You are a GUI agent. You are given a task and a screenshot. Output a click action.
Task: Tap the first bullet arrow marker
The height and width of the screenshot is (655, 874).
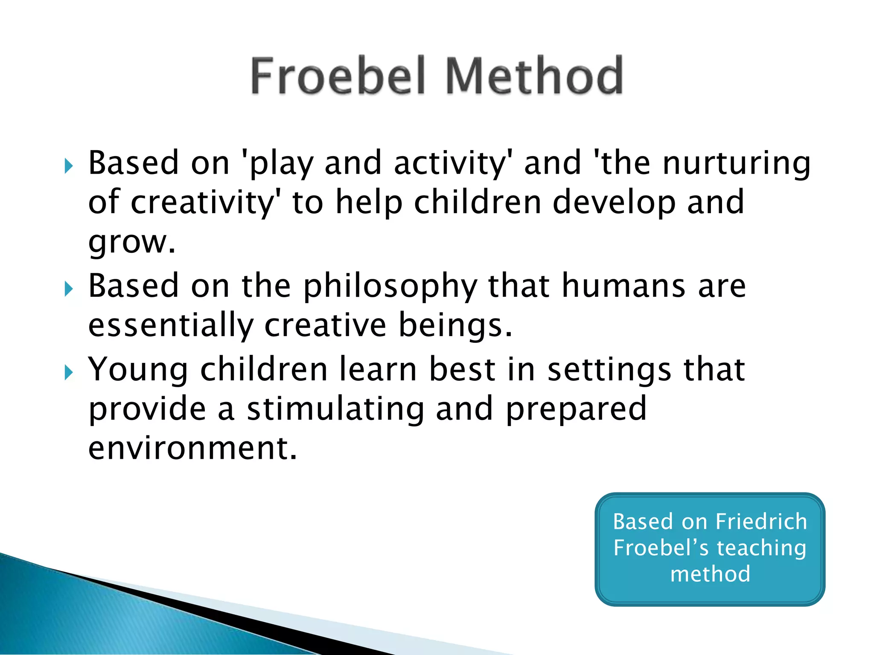(x=69, y=166)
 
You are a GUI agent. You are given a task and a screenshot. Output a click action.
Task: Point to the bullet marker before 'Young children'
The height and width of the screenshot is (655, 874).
(x=69, y=372)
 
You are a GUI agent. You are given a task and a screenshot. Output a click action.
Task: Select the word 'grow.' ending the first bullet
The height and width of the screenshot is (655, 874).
(x=132, y=243)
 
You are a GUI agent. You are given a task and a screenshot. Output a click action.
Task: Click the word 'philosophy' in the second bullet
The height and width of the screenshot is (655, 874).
(x=390, y=287)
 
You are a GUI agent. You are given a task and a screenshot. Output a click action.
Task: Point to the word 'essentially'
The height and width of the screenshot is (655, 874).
(x=171, y=325)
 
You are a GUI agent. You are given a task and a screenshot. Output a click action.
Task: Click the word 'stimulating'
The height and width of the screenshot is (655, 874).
(x=335, y=409)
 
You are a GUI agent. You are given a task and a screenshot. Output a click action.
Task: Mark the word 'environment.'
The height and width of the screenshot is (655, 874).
(x=192, y=448)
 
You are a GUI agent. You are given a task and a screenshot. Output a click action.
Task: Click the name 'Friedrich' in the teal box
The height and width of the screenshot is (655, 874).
(x=761, y=522)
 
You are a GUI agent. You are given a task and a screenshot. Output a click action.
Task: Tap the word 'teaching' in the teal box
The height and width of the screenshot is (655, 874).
(x=761, y=548)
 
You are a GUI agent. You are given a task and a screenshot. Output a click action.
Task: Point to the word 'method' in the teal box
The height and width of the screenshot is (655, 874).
(x=710, y=574)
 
